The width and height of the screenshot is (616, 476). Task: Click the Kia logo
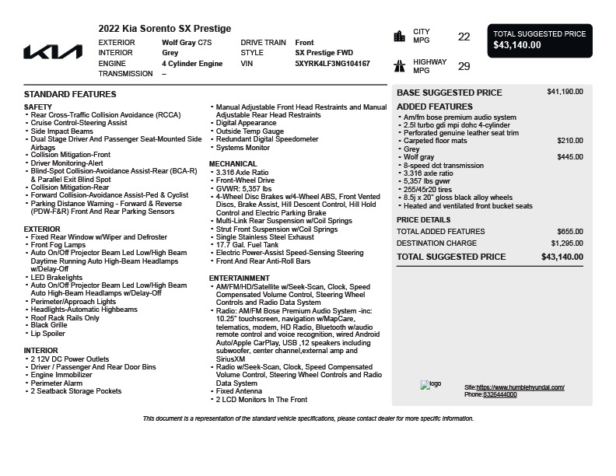tap(52, 52)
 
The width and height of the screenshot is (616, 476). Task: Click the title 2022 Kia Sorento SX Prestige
tap(164, 29)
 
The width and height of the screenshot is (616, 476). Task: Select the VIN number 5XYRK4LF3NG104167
tap(332, 64)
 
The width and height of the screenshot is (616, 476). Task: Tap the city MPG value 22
tap(464, 37)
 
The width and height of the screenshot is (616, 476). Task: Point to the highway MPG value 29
tap(464, 67)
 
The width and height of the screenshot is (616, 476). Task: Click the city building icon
tap(400, 36)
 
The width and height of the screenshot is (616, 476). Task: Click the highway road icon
tap(400, 66)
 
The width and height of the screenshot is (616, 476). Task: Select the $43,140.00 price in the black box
tap(517, 45)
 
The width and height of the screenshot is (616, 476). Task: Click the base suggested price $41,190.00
tap(565, 92)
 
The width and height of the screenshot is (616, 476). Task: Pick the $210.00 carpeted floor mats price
tap(570, 141)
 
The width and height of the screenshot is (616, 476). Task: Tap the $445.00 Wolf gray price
tap(570, 157)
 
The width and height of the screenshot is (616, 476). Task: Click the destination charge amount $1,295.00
tap(567, 243)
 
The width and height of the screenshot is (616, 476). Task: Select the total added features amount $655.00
tap(570, 232)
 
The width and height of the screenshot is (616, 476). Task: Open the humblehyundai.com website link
tap(520, 387)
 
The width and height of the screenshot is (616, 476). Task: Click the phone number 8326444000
tap(499, 394)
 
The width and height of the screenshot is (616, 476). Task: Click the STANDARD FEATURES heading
tap(70, 94)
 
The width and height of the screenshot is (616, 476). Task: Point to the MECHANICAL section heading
tap(233, 164)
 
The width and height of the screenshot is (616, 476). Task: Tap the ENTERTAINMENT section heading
tap(240, 278)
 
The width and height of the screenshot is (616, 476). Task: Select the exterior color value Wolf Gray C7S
tap(186, 43)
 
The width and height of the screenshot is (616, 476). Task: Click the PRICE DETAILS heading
tap(423, 220)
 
